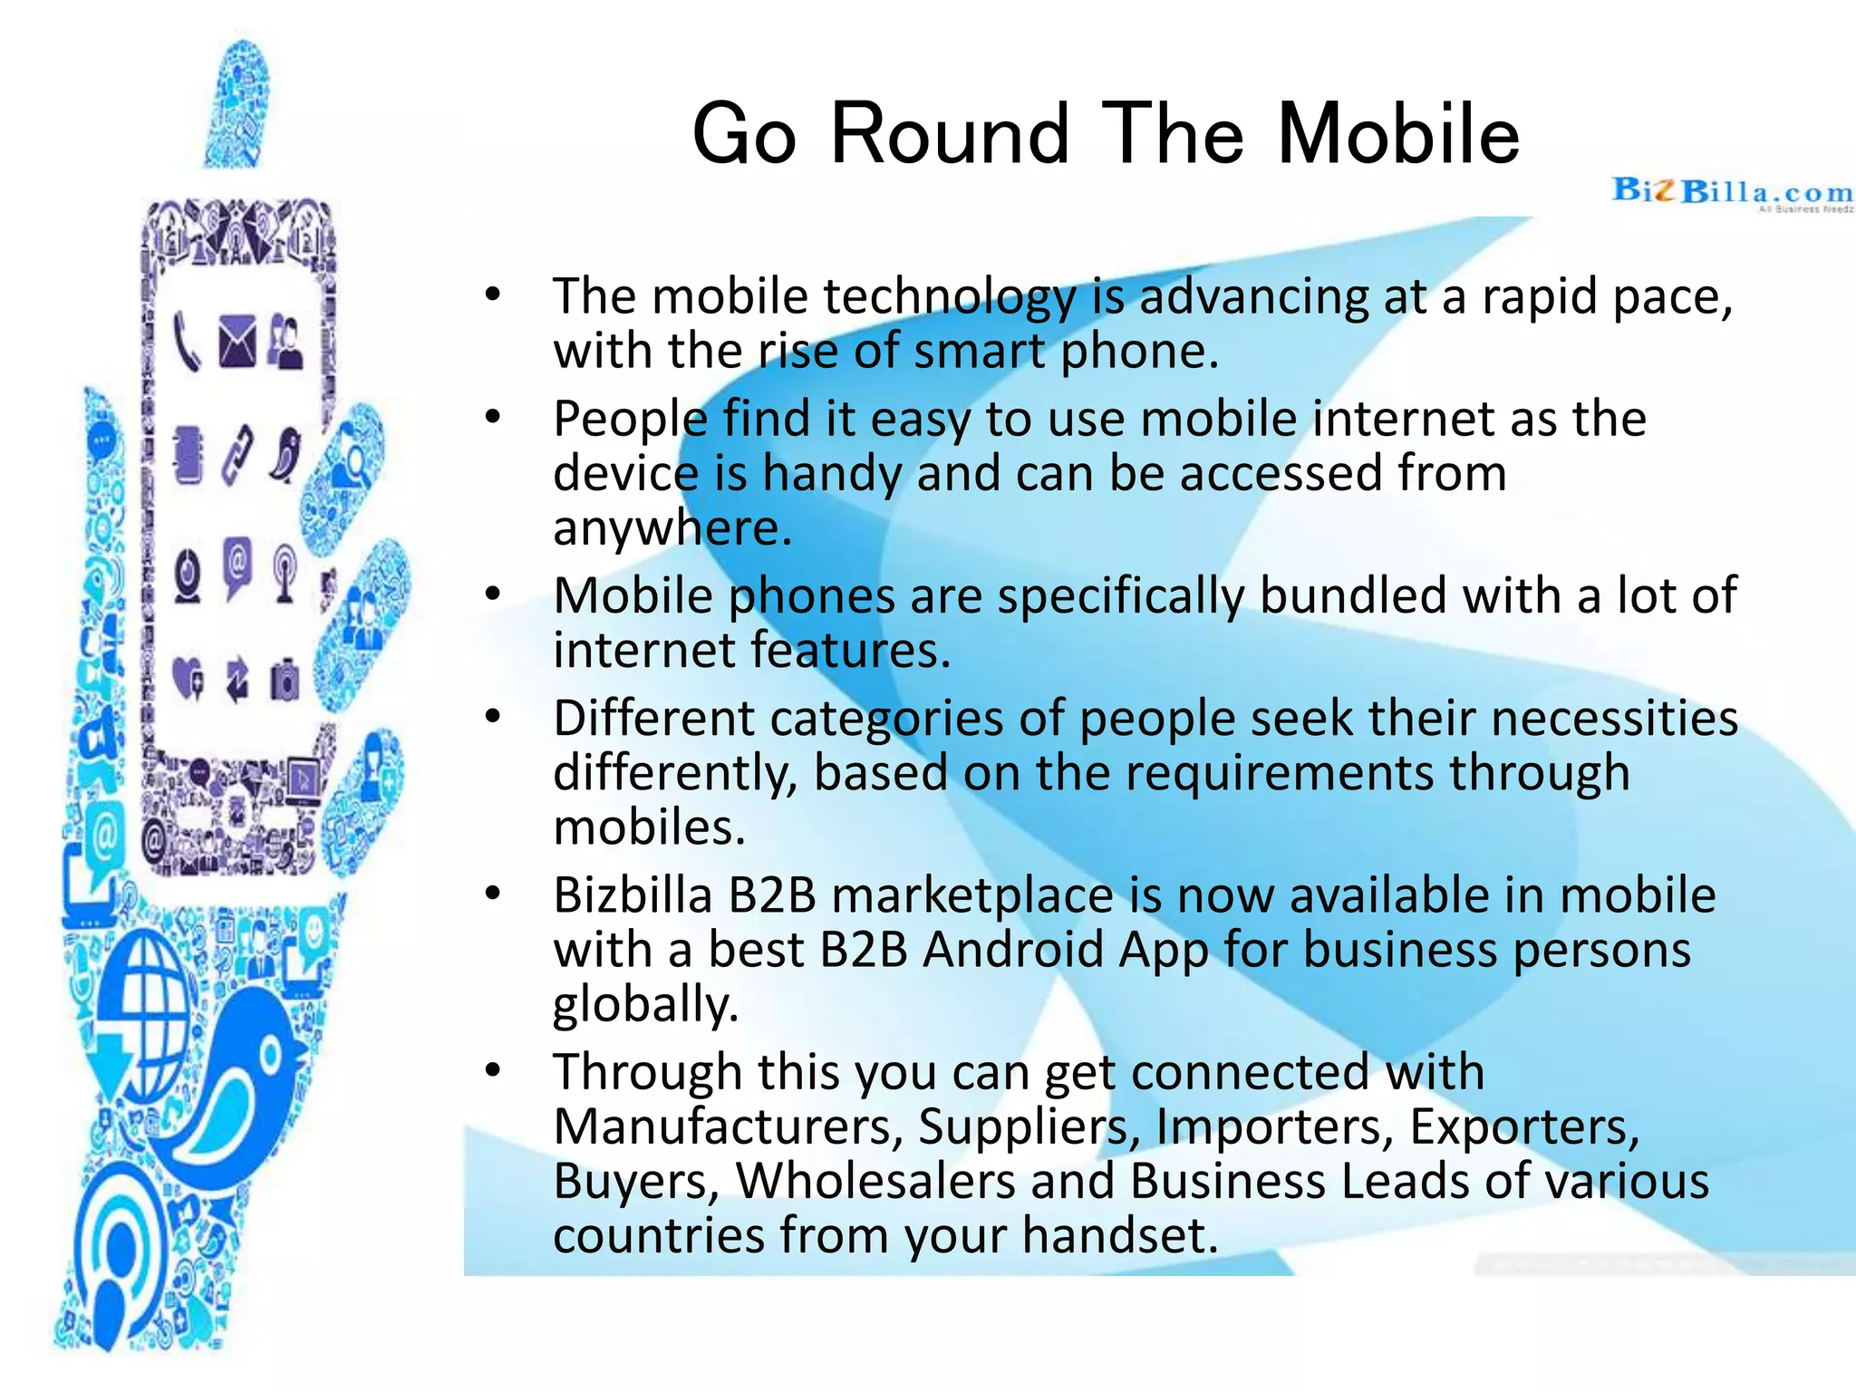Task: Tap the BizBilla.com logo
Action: [1732, 194]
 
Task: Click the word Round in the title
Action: [950, 134]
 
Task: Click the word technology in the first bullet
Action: [950, 297]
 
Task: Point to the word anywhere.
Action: [672, 529]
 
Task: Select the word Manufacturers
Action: [727, 1127]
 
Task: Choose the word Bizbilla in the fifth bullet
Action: [633, 896]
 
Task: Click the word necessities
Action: [1614, 719]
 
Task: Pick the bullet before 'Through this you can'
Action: [492, 1070]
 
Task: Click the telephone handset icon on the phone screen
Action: [186, 342]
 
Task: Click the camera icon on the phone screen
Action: [285, 680]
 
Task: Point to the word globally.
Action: [645, 1006]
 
